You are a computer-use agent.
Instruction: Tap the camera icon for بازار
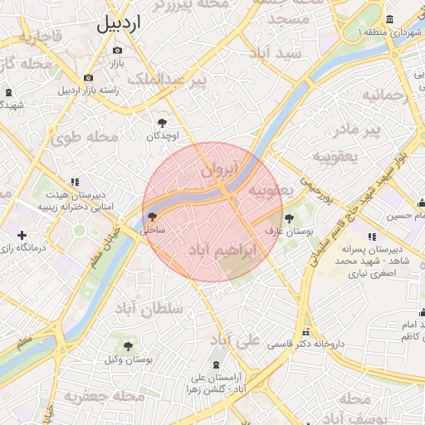[x=116, y=51]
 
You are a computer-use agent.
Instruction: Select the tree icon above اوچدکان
[x=162, y=121]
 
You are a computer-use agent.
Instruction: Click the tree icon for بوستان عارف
[x=288, y=218]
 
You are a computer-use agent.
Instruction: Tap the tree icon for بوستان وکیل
[x=128, y=346]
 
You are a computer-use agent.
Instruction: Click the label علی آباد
[x=236, y=341]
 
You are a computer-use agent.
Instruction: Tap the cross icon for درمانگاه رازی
[x=22, y=236]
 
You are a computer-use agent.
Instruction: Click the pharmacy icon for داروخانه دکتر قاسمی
[x=305, y=331]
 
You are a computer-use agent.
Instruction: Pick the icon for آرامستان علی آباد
[x=216, y=364]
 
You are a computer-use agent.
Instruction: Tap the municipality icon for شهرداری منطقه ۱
[x=390, y=20]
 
